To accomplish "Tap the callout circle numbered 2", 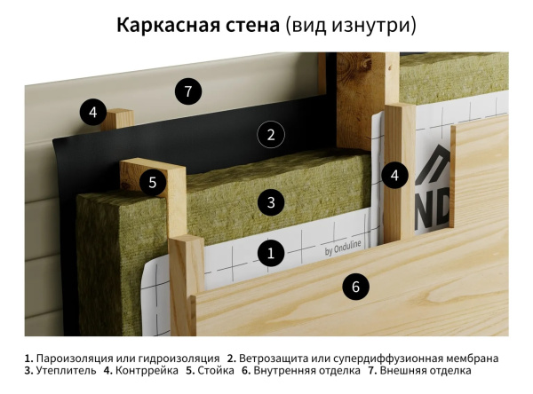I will pos(271,135).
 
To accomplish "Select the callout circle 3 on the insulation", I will pos(271,202).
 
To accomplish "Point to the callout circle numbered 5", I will pos(153,183).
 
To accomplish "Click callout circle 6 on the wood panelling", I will pos(355,287).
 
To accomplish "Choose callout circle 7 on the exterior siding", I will pos(187,91).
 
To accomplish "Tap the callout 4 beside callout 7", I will pos(92,112).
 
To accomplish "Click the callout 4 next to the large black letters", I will pos(394,175).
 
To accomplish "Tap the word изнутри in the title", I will pos(373,26).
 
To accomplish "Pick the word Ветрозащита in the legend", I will pos(274,358).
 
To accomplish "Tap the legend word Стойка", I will pos(215,371).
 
